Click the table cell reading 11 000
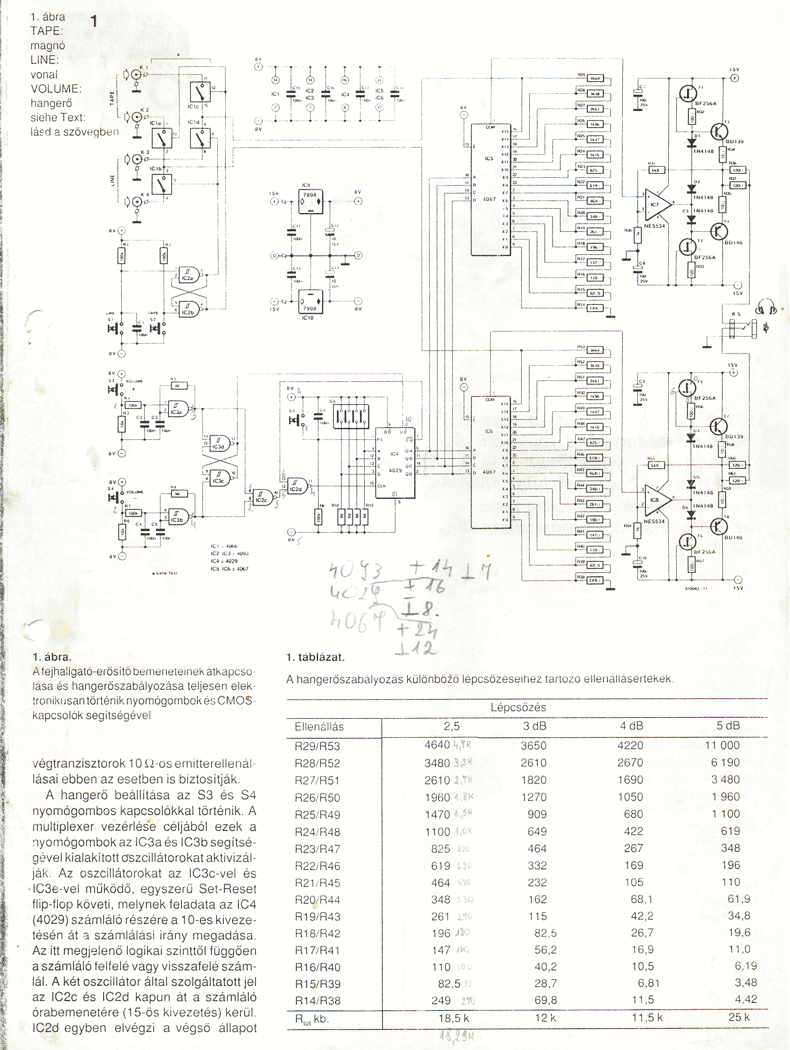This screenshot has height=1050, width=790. pos(722,745)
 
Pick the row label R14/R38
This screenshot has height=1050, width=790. pos(317,1000)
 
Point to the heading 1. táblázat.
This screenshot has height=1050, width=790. pos(316,657)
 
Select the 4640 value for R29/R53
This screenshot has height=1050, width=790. pos(437,745)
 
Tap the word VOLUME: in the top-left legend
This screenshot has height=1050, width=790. pos(55,89)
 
